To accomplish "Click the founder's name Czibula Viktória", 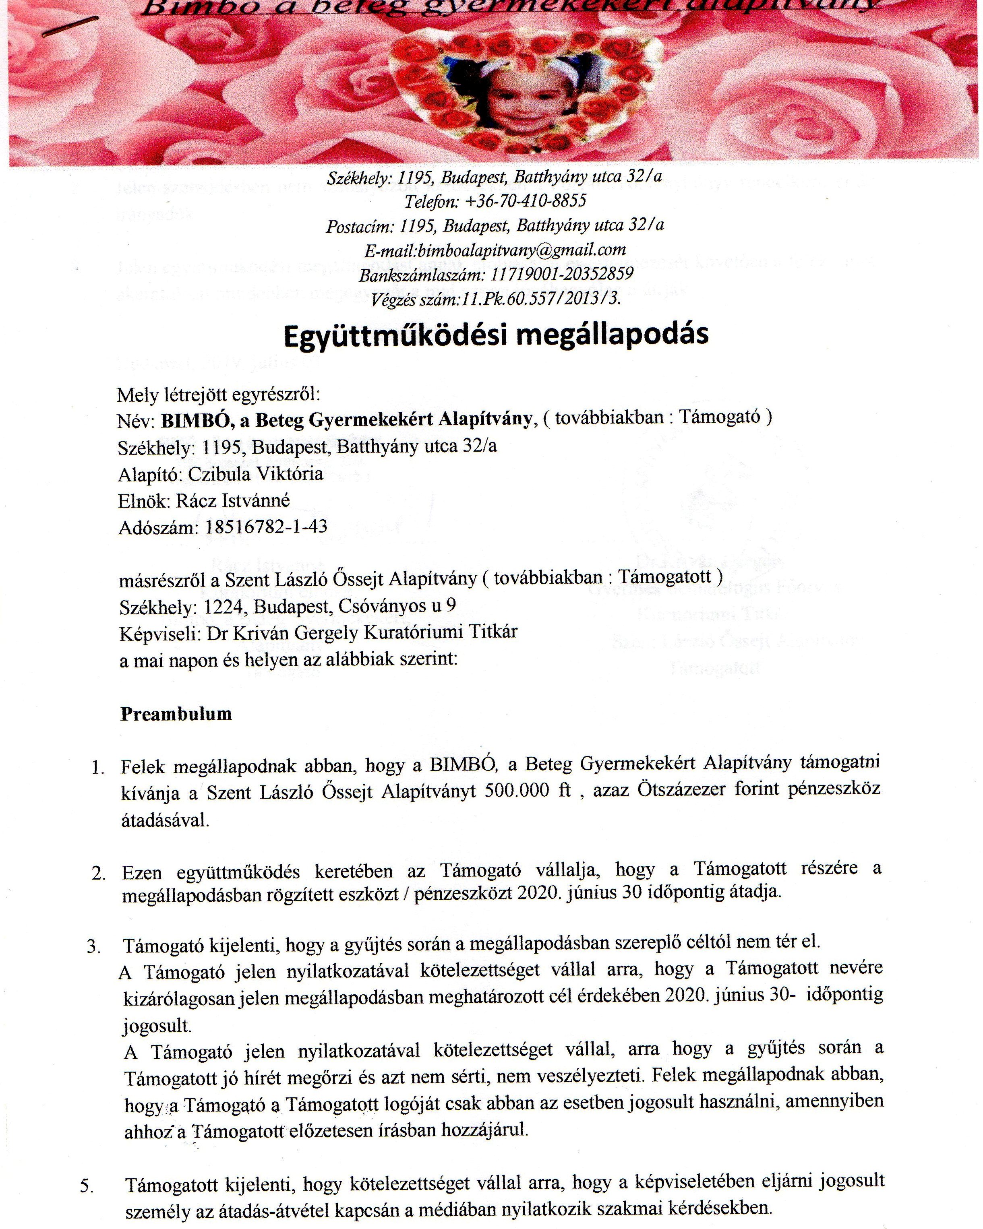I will point(255,474).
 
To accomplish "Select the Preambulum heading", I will point(176,714).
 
